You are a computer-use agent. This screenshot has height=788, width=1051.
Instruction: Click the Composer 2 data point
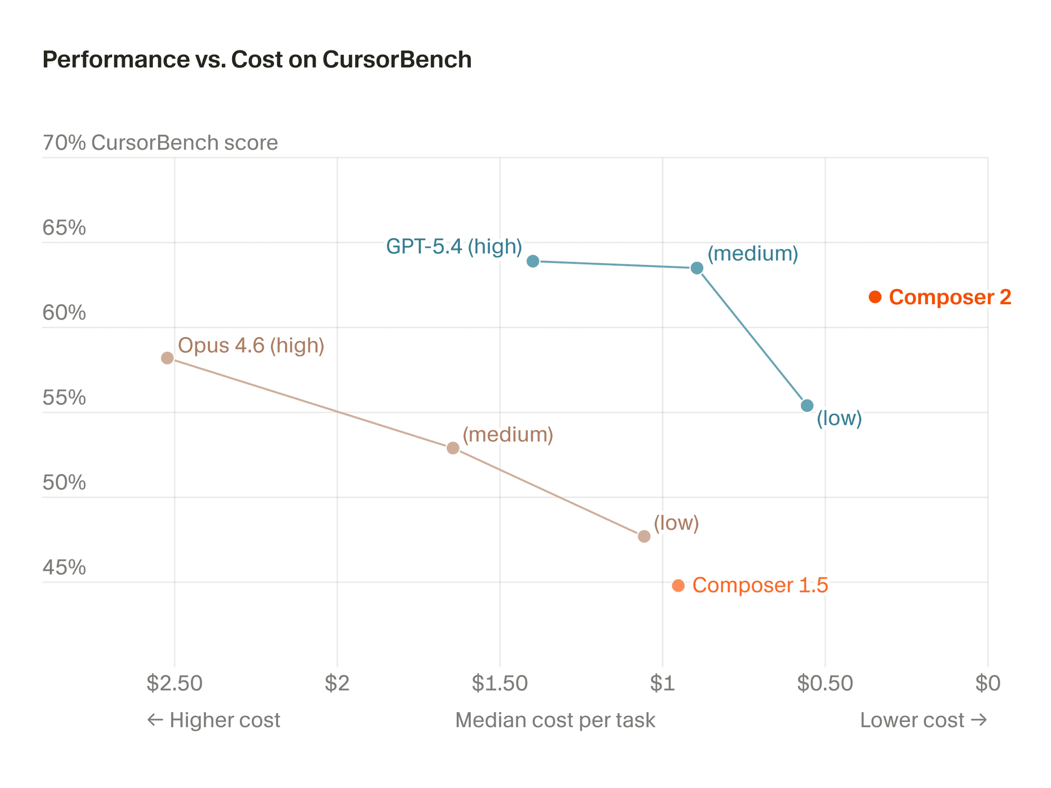pos(875,297)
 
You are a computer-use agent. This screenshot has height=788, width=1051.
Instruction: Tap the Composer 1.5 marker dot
pos(678,586)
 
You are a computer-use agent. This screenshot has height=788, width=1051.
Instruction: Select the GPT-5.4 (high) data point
pos(533,261)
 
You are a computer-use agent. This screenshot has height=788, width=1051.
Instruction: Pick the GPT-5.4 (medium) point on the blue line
pos(697,268)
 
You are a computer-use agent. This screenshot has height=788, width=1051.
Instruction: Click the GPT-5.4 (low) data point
pos(807,405)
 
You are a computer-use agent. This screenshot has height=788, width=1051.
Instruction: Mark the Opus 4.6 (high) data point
pos(168,358)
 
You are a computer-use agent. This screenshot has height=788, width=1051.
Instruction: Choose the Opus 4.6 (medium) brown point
pos(453,448)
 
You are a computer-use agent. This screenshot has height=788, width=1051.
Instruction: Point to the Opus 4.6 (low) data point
pos(644,536)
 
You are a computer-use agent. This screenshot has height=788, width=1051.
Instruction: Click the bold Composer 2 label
pos(950,297)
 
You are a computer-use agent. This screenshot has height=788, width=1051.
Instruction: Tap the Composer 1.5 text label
pos(760,586)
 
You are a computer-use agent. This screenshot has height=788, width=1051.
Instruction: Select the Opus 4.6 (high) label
pos(251,346)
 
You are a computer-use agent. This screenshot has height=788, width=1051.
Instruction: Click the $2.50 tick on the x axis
pos(175,683)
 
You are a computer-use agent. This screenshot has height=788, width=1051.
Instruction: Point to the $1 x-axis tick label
pos(662,683)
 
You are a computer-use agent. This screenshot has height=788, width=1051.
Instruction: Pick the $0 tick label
pos(988,683)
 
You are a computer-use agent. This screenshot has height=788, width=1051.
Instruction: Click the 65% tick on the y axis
pos(64,228)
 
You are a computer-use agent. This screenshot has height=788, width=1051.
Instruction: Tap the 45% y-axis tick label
pos(64,567)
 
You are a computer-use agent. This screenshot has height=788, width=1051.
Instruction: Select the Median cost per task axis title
pos(555,720)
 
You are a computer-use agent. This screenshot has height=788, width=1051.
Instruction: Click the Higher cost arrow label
pos(214,720)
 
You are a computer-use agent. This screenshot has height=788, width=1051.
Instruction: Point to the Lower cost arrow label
pos(923,720)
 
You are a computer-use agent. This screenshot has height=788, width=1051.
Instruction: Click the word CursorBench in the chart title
pos(397,60)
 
